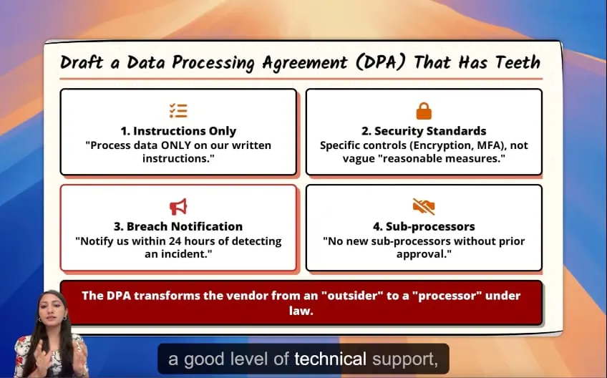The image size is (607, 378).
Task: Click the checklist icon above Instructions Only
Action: pyautogui.click(x=178, y=111)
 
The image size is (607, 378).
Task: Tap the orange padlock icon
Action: pyautogui.click(x=424, y=111)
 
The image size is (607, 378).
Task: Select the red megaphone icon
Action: pyautogui.click(x=178, y=206)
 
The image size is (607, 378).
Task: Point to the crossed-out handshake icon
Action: pyautogui.click(x=424, y=206)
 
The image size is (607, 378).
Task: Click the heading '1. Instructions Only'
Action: pyautogui.click(x=178, y=131)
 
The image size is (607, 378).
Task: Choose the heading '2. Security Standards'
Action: pyautogui.click(x=424, y=131)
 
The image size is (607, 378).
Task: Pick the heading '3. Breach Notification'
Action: pyautogui.click(x=178, y=226)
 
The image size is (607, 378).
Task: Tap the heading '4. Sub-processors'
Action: pyautogui.click(x=424, y=226)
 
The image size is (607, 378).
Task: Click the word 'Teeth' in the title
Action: pyautogui.click(x=518, y=62)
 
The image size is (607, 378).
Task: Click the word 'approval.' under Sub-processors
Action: pyautogui.click(x=424, y=254)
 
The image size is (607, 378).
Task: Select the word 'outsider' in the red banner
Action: pyautogui.click(x=352, y=296)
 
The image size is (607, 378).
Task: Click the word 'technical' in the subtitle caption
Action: pyautogui.click(x=330, y=359)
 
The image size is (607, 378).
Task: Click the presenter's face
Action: pyautogui.click(x=52, y=314)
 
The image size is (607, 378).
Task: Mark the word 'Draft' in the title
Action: pyautogui.click(x=82, y=62)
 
